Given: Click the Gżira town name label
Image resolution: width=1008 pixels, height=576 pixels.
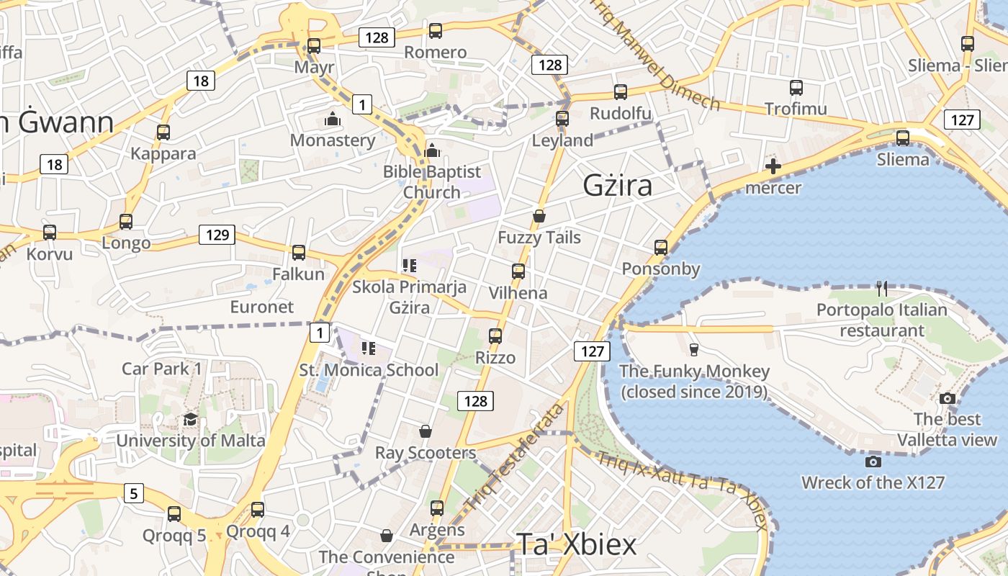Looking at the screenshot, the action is click(617, 186).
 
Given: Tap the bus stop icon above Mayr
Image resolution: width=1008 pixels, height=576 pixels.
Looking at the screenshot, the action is click(314, 45).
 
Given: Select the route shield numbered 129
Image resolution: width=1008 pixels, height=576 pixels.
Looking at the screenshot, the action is click(217, 235).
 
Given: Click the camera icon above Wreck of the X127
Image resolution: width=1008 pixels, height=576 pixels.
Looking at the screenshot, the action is click(873, 462).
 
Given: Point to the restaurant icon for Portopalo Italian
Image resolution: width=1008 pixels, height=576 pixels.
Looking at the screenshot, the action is click(882, 289).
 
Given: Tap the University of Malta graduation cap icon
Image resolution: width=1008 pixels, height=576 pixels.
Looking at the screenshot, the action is click(190, 420).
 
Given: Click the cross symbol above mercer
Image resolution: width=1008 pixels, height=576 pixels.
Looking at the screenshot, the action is click(773, 167).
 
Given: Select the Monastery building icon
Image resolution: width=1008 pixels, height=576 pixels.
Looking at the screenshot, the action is click(333, 119).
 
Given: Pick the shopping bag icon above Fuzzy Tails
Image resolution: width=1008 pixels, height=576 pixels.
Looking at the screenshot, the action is click(539, 216).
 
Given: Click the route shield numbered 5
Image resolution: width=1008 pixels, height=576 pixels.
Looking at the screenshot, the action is click(134, 494).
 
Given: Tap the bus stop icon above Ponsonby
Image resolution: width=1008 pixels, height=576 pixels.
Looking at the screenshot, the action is click(661, 248).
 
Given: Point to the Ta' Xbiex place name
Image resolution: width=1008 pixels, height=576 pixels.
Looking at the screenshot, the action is click(576, 545).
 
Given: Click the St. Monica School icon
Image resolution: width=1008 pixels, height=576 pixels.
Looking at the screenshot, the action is click(369, 349).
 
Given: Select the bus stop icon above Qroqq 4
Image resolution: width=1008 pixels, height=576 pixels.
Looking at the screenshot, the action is click(258, 510).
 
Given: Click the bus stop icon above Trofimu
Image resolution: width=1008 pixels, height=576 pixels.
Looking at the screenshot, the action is click(796, 88).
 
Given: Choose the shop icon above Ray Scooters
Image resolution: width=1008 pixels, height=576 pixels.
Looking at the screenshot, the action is click(426, 431).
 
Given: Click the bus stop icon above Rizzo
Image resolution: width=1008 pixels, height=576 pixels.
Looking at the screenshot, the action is click(495, 336).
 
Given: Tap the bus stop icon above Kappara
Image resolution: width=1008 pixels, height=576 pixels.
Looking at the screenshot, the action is click(163, 132).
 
